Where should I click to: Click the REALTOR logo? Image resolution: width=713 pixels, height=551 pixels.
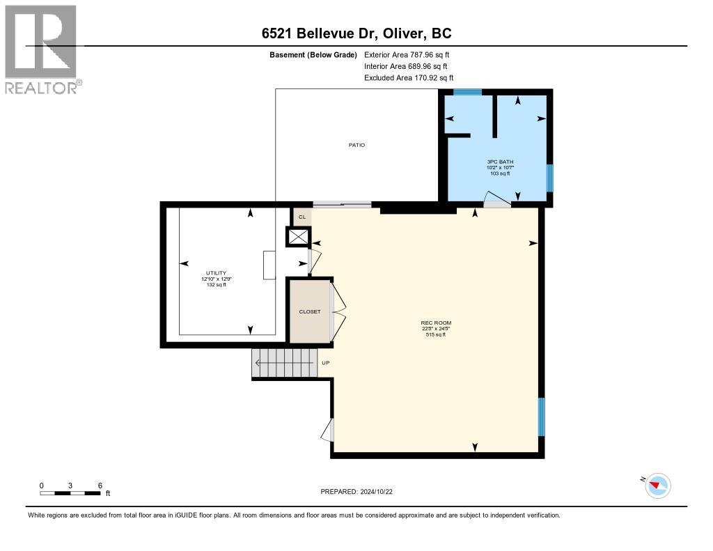42,49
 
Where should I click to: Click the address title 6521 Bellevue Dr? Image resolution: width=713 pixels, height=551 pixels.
356,33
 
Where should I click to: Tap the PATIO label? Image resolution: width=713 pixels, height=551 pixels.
356,145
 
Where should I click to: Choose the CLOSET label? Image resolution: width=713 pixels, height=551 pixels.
310,311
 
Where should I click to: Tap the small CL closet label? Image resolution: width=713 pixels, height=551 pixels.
301,217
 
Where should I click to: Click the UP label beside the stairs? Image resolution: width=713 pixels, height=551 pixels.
325,363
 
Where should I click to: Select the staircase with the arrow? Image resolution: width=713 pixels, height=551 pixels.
284,363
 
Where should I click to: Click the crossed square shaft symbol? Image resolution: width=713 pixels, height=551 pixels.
297,238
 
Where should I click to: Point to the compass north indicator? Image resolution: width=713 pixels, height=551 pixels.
657,485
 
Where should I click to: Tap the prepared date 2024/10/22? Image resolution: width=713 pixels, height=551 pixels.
361,492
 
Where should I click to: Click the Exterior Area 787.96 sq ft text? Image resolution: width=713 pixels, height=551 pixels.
412,54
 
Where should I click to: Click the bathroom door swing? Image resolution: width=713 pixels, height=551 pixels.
497,201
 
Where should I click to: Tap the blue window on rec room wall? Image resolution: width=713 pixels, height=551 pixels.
542,417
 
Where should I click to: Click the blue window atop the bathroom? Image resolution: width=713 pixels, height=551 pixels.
467,92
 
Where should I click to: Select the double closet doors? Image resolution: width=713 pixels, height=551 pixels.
338,311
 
